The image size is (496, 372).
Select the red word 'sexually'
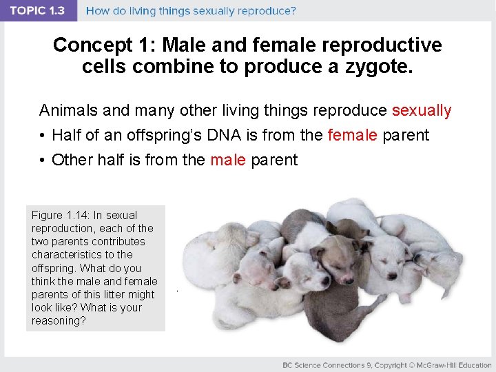421,110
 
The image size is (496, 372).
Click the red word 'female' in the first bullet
352,135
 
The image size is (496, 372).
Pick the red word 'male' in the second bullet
227,160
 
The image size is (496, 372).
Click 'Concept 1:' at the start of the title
93,45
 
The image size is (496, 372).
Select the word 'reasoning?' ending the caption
59,320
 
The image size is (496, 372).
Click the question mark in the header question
293,11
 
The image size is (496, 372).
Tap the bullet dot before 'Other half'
42,160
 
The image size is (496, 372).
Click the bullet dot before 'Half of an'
42,135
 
